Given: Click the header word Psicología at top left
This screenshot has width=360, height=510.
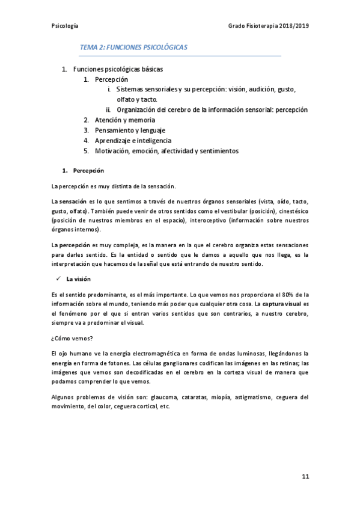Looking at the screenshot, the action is click(x=66, y=26).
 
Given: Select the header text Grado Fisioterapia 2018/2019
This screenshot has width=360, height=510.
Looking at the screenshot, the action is click(x=269, y=26).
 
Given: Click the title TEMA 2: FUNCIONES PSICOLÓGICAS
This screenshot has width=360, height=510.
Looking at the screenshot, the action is click(x=134, y=47).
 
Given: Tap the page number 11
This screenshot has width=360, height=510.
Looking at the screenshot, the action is click(x=305, y=476).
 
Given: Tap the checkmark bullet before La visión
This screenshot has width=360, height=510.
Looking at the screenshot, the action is click(x=56, y=279).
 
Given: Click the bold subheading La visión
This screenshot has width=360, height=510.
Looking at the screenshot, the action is click(x=79, y=279).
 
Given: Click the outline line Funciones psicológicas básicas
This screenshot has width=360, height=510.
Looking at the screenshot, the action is click(x=117, y=69).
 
